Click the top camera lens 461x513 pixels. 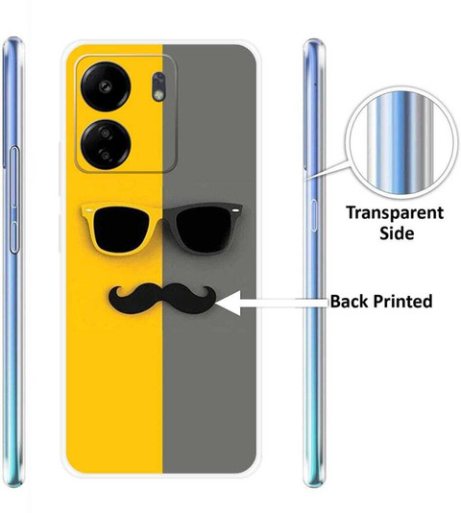(106, 86)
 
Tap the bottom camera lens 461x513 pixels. (106, 144)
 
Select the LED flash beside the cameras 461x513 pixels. (158, 86)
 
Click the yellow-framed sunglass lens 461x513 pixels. (121, 229)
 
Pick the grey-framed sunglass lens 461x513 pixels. (204, 229)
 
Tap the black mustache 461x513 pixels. (162, 298)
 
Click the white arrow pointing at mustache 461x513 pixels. (271, 303)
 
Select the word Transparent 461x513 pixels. (395, 213)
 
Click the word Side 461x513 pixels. (397, 233)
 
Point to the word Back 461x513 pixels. (350, 301)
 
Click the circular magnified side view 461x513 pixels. (401, 143)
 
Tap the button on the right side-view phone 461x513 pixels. (314, 215)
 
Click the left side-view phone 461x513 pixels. (13, 261)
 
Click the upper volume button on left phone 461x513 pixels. (14, 177)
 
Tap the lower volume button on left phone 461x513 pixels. (14, 237)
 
